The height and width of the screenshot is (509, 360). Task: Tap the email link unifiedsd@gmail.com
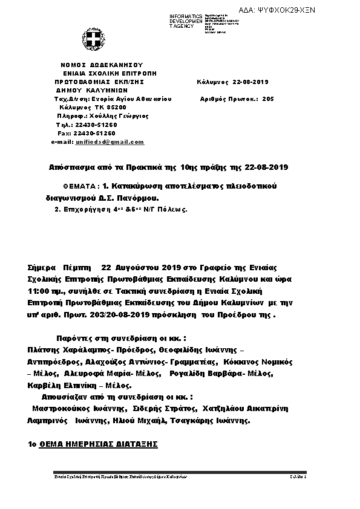[x=110, y=141]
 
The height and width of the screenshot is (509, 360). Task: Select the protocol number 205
[x=269, y=98]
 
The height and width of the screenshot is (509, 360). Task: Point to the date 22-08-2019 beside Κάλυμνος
[x=249, y=82]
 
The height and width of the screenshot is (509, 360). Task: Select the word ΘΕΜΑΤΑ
[x=81, y=186]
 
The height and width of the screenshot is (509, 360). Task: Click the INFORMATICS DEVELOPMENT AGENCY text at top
[x=186, y=21]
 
